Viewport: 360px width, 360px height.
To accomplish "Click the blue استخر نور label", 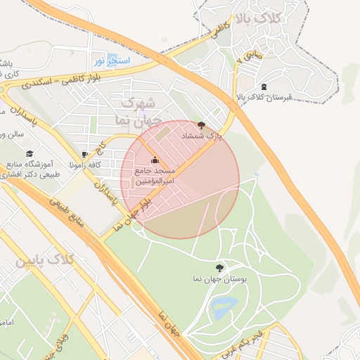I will (112, 61).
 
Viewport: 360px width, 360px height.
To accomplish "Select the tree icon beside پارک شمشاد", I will (202, 124).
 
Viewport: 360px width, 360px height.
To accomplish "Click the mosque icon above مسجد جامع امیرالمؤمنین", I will (155, 160).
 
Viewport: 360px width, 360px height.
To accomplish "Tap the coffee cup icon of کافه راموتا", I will (85, 155).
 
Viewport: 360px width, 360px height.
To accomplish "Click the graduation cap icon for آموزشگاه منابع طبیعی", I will (30, 155).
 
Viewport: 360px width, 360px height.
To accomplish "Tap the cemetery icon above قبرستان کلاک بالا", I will (264, 86).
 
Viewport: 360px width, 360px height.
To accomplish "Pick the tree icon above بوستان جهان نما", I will (219, 268).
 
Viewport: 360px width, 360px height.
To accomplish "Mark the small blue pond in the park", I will (224, 305).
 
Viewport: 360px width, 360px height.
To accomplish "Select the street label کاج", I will (101, 150).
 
